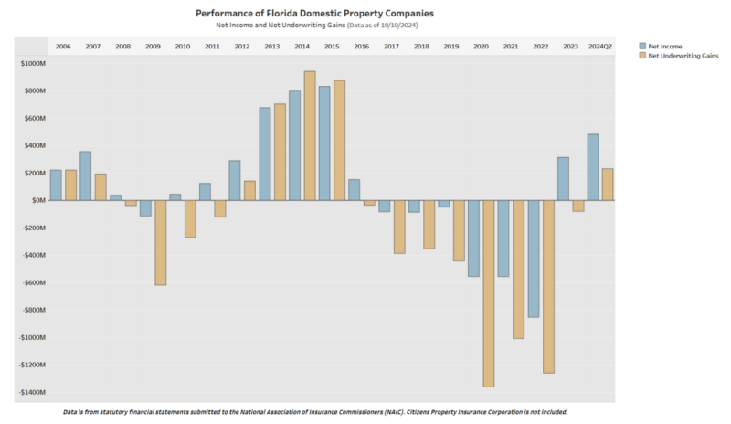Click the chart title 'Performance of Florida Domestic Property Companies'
pyautogui.click(x=315, y=14)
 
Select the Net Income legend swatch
pyautogui.click(x=641, y=45)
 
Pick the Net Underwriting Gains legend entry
pyautogui.click(x=680, y=56)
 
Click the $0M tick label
pyautogui.click(x=37, y=200)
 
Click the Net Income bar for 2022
pyautogui.click(x=533, y=259)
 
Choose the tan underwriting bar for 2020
pyautogui.click(x=489, y=293)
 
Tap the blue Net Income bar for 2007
pyautogui.click(x=85, y=175)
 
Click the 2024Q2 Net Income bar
pyautogui.click(x=593, y=167)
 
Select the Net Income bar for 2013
pyautogui.click(x=265, y=154)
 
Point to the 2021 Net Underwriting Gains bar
pyautogui.click(x=518, y=270)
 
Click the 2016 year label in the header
pyautogui.click(x=362, y=46)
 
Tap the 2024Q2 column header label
pyautogui.click(x=600, y=46)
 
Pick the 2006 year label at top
pyautogui.click(x=63, y=46)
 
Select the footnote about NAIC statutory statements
pyautogui.click(x=316, y=412)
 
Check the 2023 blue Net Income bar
pyautogui.click(x=563, y=178)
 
